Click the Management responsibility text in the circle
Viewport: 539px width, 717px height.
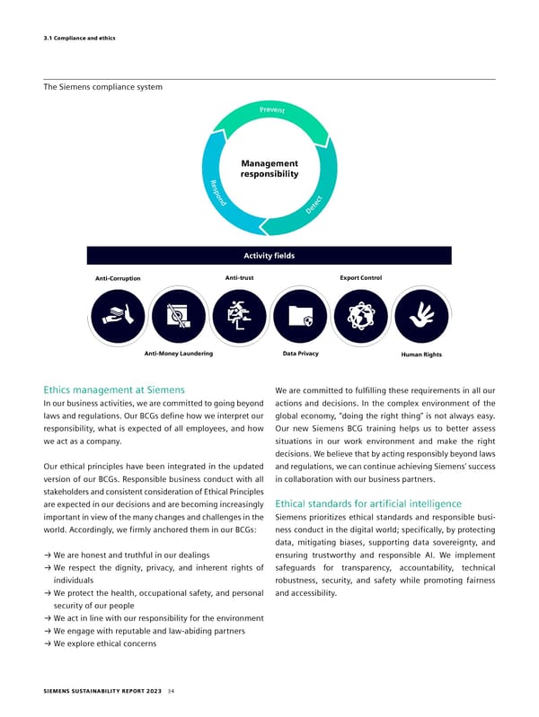[x=269, y=168]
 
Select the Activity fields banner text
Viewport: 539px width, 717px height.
[x=269, y=256]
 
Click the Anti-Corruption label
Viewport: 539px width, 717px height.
[x=117, y=278]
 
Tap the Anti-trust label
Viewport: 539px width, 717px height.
[x=239, y=277]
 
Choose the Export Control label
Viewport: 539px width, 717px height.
[x=361, y=277]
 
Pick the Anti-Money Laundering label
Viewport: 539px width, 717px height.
[x=178, y=354]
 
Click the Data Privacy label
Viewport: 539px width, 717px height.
[x=300, y=354]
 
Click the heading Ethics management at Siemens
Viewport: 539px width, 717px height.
[x=114, y=390]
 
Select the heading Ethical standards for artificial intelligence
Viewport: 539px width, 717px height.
[x=368, y=503]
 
